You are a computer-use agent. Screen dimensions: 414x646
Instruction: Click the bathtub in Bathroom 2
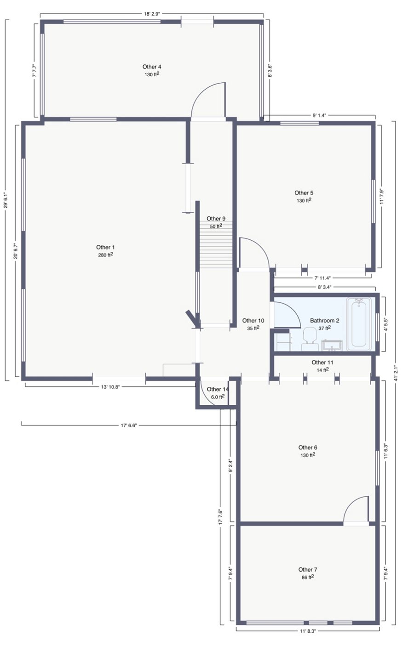(358, 324)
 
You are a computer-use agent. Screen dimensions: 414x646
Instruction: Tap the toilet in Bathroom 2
(310, 339)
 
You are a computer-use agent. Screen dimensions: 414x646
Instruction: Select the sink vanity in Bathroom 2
(332, 346)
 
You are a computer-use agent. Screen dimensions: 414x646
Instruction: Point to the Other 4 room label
(151, 67)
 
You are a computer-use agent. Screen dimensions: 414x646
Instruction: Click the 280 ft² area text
(105, 255)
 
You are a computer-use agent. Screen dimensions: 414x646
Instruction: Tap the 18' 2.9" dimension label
(152, 14)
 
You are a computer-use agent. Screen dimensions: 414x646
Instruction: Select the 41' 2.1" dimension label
(396, 374)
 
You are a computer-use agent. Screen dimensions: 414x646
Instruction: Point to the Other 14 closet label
(218, 389)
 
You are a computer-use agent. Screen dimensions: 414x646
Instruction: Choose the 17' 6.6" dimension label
(128, 425)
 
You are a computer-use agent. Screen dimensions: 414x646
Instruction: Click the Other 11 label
(322, 362)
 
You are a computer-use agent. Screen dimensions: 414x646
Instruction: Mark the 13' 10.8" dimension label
(110, 387)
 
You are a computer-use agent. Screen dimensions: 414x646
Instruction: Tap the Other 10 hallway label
(253, 320)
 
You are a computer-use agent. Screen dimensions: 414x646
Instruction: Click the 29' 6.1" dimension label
(5, 200)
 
